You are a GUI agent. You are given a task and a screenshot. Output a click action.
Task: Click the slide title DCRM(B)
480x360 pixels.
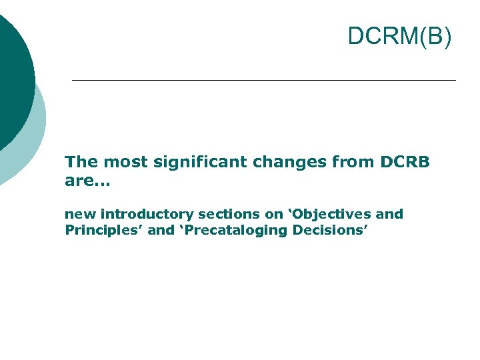pyautogui.click(x=399, y=37)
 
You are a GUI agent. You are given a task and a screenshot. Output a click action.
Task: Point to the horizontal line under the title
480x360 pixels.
pyautogui.click(x=263, y=80)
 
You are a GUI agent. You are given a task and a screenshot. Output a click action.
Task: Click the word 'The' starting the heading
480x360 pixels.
pyautogui.click(x=79, y=162)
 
